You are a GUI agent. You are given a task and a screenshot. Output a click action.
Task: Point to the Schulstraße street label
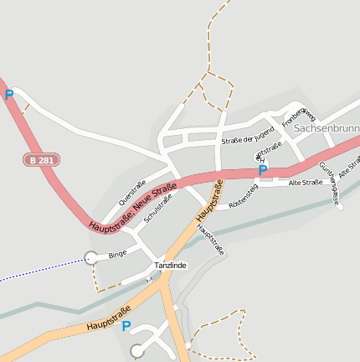click(158, 208)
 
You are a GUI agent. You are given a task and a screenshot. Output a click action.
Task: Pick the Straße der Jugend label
click(247, 135)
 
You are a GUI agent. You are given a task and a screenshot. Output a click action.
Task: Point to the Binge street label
click(117, 252)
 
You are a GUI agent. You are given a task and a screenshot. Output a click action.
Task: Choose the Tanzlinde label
click(170, 266)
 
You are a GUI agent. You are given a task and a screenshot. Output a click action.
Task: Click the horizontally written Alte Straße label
click(306, 182)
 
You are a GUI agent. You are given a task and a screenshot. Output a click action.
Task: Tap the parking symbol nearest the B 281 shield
click(9, 96)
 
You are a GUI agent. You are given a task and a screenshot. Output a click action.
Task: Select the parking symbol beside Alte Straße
click(262, 170)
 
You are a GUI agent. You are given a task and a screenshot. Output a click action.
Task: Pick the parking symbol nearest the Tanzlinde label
click(126, 326)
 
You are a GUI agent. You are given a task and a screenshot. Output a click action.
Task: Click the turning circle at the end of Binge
click(90, 257)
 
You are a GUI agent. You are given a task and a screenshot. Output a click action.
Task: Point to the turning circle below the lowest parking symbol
click(138, 350)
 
